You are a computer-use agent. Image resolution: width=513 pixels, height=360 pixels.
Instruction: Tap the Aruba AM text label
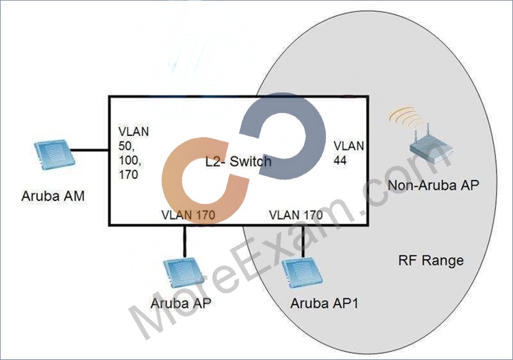coord(53,196)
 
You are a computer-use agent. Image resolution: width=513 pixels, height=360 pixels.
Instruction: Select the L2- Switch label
coord(238,161)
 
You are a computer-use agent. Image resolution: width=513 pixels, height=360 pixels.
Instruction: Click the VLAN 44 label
coord(349,153)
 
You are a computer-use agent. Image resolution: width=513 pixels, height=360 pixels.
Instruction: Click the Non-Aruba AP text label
coord(433,185)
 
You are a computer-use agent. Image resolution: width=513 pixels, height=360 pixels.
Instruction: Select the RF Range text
coord(431,260)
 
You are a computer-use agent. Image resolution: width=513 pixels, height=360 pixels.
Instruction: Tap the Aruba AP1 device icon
coord(302,273)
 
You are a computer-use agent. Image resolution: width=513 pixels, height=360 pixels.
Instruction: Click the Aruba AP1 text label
coord(324,303)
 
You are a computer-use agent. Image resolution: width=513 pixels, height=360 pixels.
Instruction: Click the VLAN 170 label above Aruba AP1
coord(296,215)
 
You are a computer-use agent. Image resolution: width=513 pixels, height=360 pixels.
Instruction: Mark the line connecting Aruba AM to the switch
coord(90,150)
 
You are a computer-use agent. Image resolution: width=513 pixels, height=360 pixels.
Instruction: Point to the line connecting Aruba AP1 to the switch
coord(303,241)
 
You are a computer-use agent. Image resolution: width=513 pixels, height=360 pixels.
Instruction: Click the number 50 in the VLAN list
coord(127,146)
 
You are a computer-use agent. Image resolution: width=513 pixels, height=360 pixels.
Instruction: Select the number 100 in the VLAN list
coord(130,161)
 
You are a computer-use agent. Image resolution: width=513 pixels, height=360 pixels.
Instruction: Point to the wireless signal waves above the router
coord(399,117)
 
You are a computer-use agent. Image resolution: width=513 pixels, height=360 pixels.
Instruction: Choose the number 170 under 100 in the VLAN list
coord(128,175)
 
